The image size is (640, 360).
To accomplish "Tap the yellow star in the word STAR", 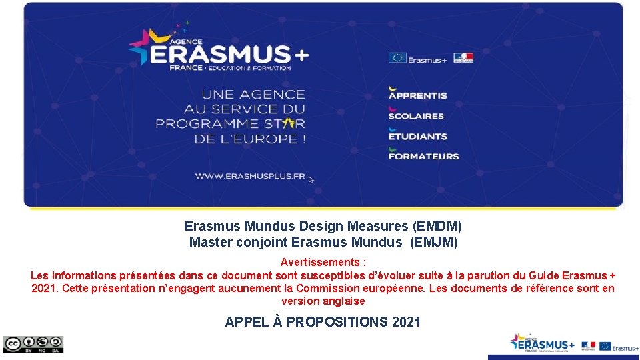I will click(288, 123).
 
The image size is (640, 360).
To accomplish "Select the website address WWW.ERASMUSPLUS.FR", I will click(250, 177).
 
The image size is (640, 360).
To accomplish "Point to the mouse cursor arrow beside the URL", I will click(311, 179).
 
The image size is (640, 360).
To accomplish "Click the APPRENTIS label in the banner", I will click(418, 95).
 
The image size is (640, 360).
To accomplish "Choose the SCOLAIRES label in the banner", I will click(416, 115).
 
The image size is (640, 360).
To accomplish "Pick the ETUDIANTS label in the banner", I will click(418, 136).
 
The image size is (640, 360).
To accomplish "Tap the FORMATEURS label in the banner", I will click(423, 156).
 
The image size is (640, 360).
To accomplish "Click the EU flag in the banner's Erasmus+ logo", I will click(397, 58).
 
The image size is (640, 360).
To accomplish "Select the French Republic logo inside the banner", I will click(463, 58).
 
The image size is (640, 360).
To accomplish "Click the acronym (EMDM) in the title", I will click(437, 227).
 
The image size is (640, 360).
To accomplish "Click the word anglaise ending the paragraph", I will click(343, 301).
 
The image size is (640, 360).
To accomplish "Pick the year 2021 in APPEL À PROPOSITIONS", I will click(407, 322).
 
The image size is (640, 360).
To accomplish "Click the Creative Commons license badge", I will click(33, 344).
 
